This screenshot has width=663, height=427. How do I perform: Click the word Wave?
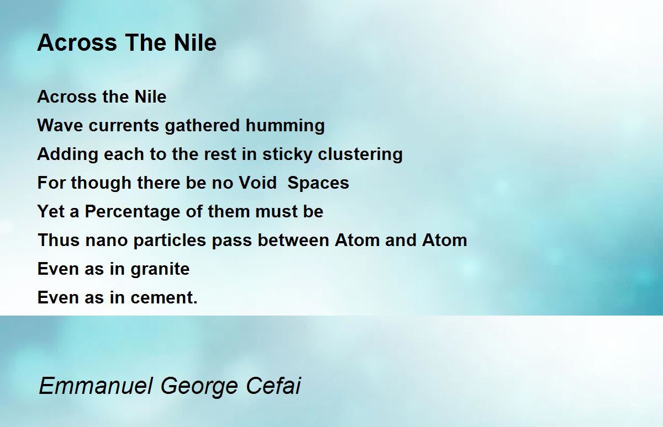tap(60, 125)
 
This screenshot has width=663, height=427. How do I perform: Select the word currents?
tap(124, 126)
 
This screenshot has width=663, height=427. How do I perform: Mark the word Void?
tap(257, 183)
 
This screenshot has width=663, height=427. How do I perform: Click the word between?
tap(293, 240)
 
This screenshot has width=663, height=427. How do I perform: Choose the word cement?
tap(164, 298)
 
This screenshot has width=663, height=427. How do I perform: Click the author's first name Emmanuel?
tap(96, 386)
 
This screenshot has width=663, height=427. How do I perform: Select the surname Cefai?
tap(273, 386)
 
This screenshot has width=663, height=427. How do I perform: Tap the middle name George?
tap(199, 387)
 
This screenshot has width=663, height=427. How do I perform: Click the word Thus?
tap(59, 240)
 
